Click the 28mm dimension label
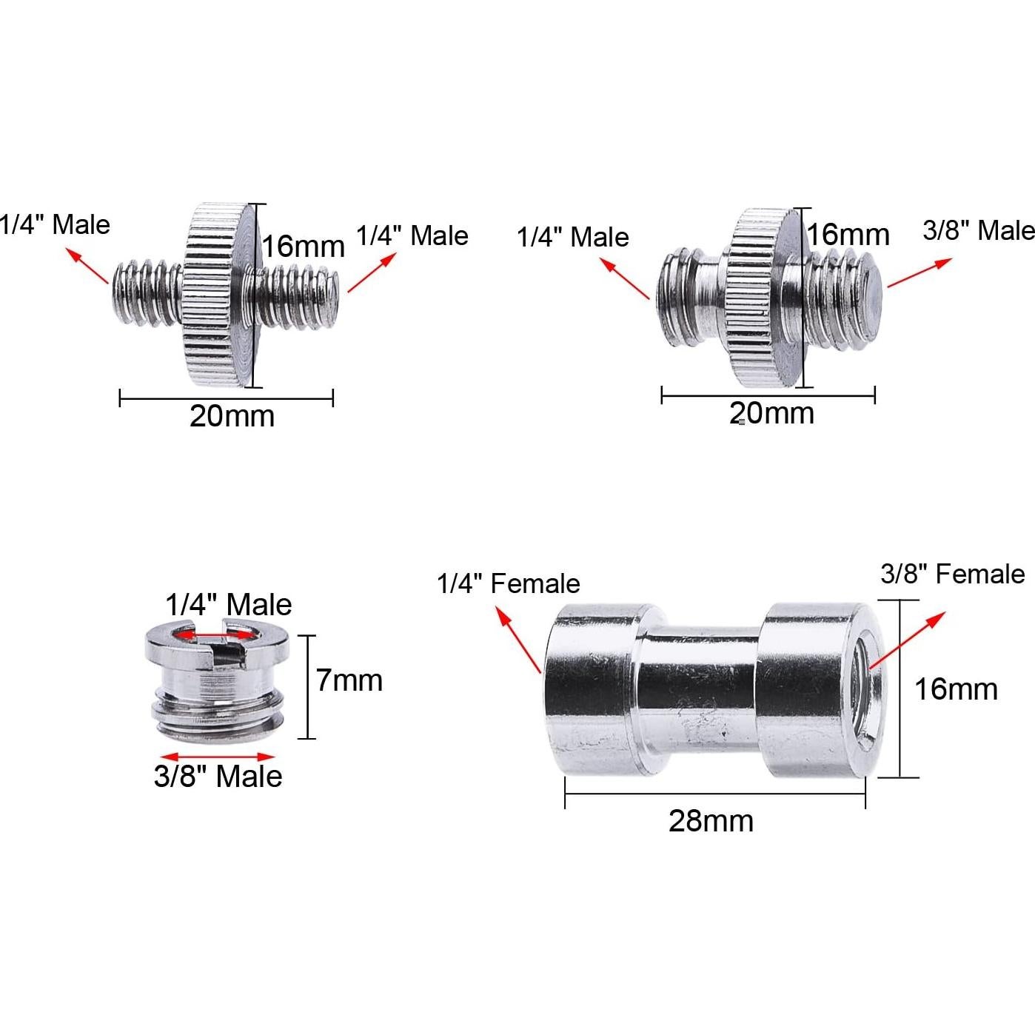pos(711,821)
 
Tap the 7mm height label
pos(349,680)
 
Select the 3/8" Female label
pos(953,575)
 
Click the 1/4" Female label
pos(509,583)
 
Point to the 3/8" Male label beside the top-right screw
pos(979,230)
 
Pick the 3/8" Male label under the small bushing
pos(218,776)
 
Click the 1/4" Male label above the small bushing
pos(228,605)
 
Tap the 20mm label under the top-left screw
pos(232,416)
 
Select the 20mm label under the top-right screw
pos(772,413)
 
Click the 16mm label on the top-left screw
pos(304,247)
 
